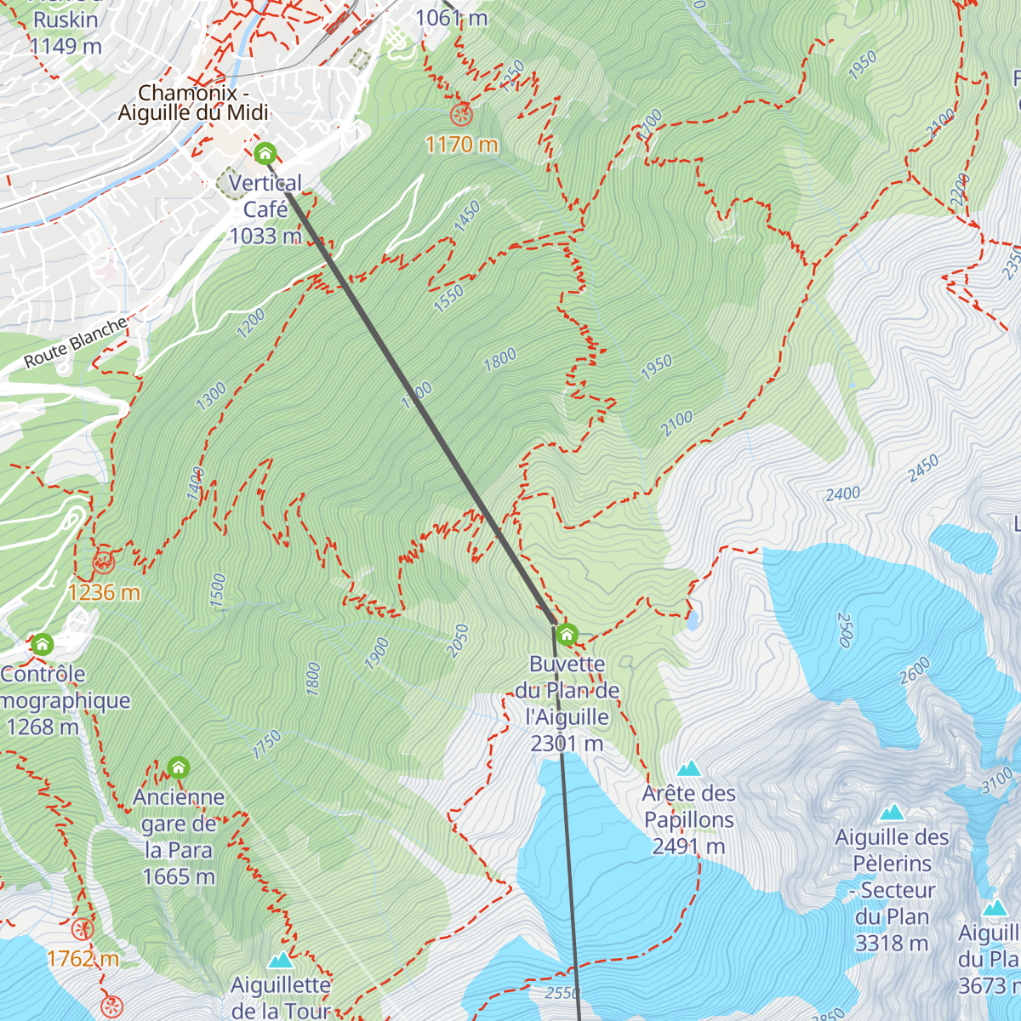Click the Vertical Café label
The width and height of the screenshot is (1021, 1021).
[265, 208]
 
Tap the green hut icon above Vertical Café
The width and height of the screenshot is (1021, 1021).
[265, 154]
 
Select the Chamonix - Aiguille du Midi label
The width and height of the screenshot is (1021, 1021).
[193, 102]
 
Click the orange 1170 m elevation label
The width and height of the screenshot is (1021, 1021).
[462, 145]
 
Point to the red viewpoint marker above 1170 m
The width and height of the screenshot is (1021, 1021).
[461, 113]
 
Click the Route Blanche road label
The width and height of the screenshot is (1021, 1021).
[76, 342]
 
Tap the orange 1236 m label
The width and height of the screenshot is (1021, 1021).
[104, 592]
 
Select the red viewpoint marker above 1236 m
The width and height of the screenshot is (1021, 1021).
[104, 562]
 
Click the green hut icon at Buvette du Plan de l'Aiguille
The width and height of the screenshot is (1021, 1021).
[567, 634]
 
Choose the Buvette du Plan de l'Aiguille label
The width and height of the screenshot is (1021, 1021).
[568, 704]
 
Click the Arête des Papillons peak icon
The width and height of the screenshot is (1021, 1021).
[688, 769]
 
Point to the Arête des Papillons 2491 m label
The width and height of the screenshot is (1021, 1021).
[688, 819]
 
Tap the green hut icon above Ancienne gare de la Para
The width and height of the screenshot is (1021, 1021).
[178, 768]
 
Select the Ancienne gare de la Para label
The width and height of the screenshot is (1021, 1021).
[179, 836]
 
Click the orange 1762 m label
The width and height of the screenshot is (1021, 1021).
[83, 959]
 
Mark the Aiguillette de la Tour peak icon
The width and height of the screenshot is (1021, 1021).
[281, 961]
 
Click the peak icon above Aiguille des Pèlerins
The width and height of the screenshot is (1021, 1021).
[892, 813]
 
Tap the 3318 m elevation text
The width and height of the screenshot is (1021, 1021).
[892, 944]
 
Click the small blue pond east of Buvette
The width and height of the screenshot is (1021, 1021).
[693, 620]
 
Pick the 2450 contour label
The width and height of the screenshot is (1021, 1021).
[923, 469]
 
